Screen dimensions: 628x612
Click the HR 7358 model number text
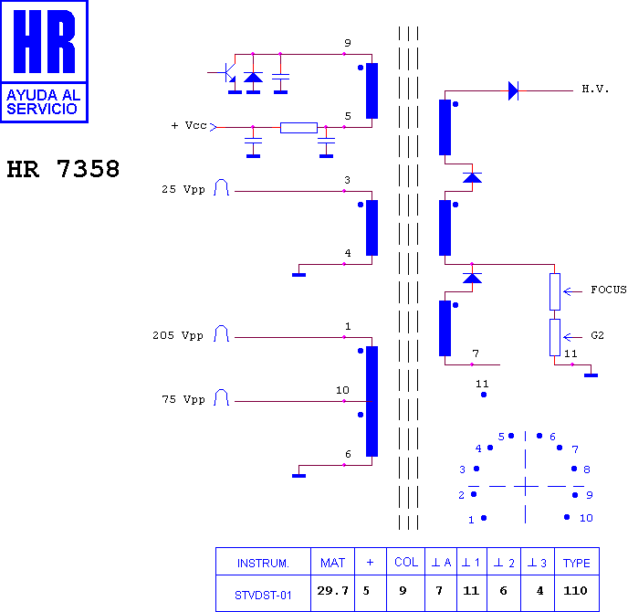click(63, 169)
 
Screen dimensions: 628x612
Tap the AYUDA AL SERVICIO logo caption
click(43, 101)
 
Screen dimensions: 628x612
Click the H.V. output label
click(595, 89)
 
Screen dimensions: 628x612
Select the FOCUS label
click(608, 290)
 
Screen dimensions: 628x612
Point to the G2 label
click(597, 335)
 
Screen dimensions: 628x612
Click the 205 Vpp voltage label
click(178, 335)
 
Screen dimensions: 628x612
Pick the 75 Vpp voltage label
click(183, 399)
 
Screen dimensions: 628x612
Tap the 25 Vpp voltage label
click(183, 189)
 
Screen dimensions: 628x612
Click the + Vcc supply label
click(189, 125)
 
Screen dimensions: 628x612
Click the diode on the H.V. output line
click(513, 90)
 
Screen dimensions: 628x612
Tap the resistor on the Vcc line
click(298, 128)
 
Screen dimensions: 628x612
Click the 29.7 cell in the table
click(332, 590)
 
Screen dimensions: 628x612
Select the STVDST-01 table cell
click(263, 596)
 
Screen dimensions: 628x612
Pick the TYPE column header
click(576, 563)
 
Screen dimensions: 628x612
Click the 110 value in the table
click(575, 590)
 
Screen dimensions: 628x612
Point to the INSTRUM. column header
click(263, 564)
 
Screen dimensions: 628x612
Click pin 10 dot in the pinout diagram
click(567, 517)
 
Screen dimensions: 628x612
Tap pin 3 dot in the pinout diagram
click(476, 468)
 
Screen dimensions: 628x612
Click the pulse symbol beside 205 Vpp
click(221, 333)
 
